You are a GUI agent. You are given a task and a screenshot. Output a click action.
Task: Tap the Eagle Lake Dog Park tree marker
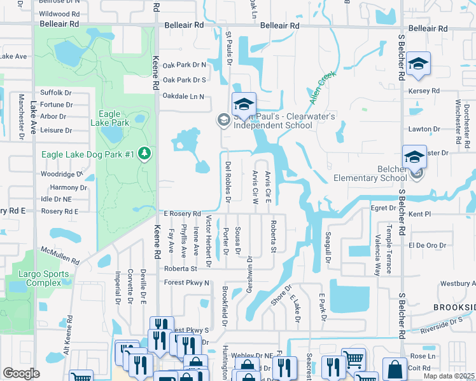point(145,154)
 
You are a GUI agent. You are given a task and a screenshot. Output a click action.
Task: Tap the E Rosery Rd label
point(183,213)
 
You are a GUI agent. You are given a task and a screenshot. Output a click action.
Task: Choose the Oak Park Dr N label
point(185,65)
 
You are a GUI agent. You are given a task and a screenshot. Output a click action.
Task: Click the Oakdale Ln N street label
point(183,97)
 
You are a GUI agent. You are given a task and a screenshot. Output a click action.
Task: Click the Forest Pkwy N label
point(186,283)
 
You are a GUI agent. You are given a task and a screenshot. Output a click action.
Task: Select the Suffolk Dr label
point(56,92)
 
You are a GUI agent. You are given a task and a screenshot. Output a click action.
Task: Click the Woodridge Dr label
point(62,173)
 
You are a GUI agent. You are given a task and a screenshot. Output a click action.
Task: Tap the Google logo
point(21,373)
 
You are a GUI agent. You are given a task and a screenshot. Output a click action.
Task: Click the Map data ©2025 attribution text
point(448,376)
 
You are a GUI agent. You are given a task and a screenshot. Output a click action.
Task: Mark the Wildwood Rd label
point(59,13)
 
